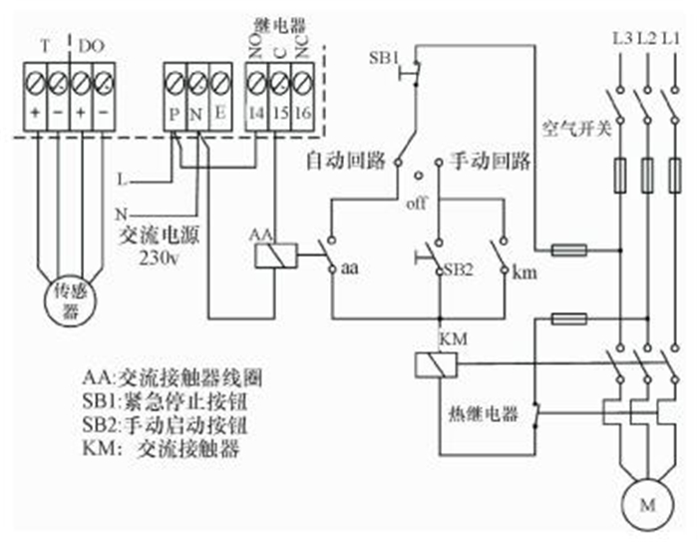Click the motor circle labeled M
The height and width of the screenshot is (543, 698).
pyautogui.click(x=648, y=501)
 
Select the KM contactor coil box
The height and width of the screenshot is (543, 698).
pyautogui.click(x=429, y=364)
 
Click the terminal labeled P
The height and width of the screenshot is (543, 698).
pyautogui.click(x=175, y=114)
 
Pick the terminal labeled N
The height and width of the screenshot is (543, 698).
pyautogui.click(x=197, y=114)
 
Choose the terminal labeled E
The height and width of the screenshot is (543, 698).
pyautogui.click(x=219, y=114)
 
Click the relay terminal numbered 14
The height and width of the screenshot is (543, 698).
pyautogui.click(x=257, y=114)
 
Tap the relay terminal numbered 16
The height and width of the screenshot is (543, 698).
pyautogui.click(x=304, y=114)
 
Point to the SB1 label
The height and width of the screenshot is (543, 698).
pyautogui.click(x=384, y=57)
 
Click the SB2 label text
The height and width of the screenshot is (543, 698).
pyautogui.click(x=457, y=270)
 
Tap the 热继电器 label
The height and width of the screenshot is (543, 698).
pyautogui.click(x=485, y=413)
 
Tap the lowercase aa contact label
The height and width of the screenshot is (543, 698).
pyautogui.click(x=350, y=269)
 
